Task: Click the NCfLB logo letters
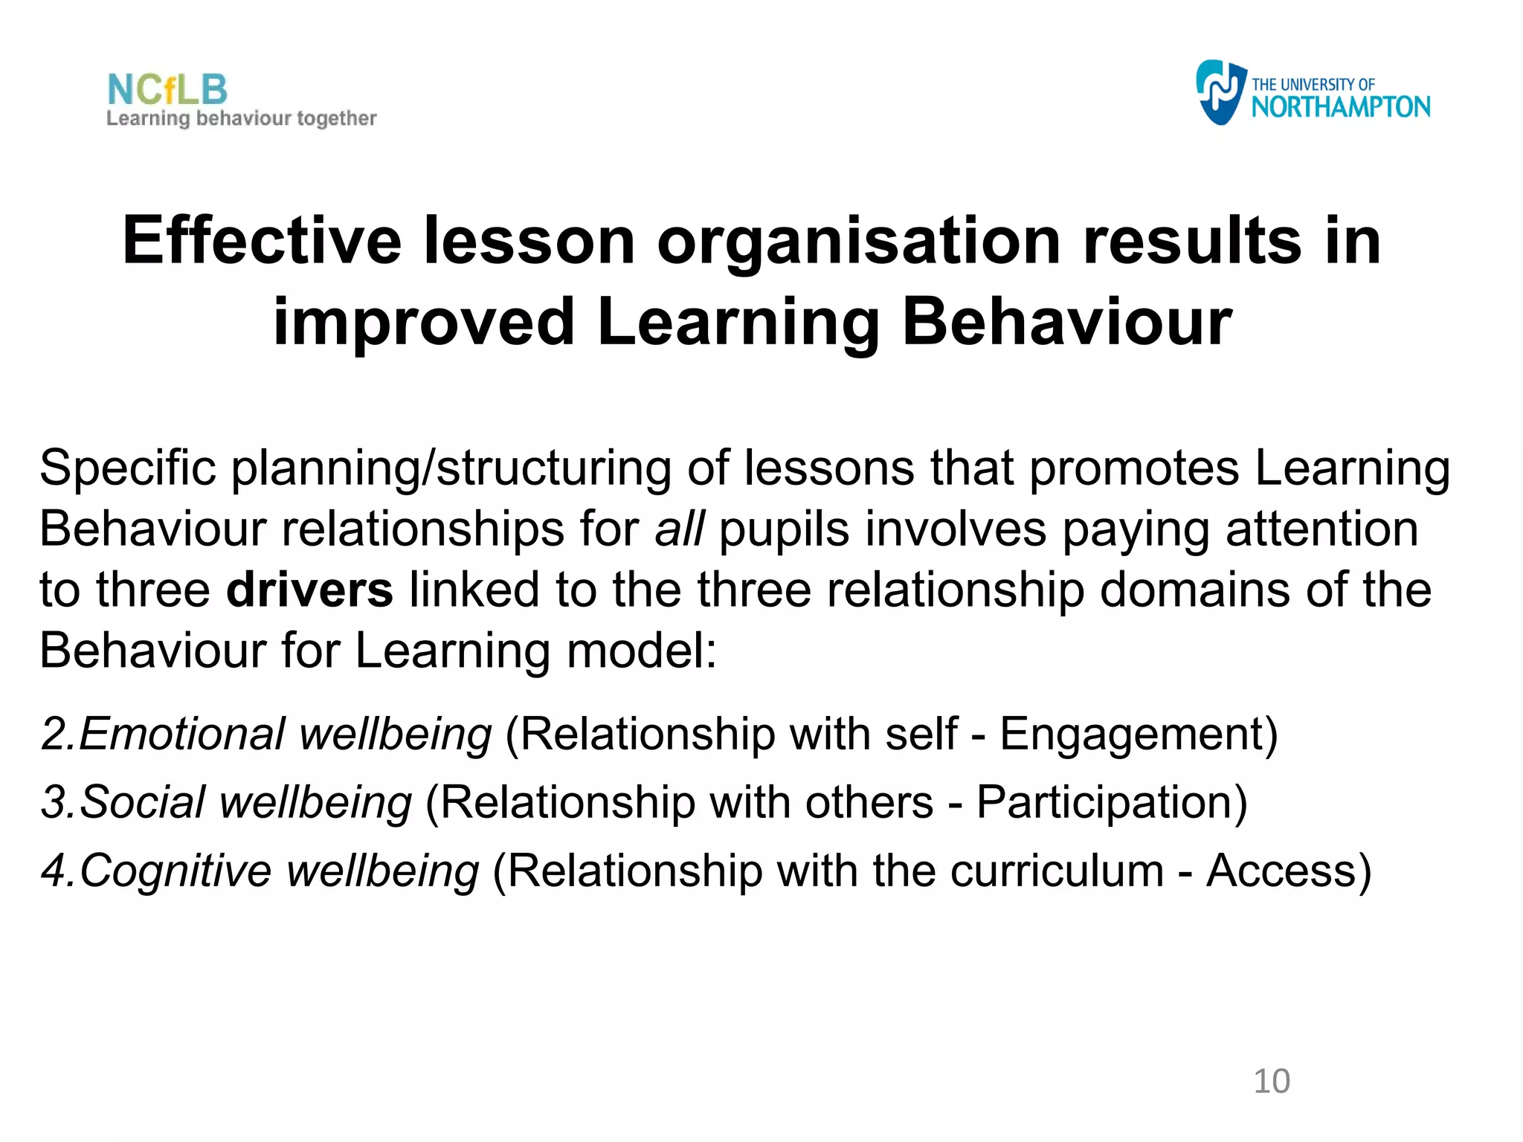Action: point(167,89)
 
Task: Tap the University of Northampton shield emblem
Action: point(1220,92)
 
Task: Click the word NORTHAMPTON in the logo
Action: point(1340,107)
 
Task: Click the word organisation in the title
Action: point(858,242)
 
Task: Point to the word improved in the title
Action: point(424,322)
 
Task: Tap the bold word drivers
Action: point(309,590)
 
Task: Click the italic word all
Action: point(678,529)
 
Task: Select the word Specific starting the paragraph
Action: point(127,468)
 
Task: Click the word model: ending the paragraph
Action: point(641,651)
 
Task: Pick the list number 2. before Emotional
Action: point(58,734)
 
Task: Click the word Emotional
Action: point(181,734)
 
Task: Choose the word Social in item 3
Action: point(141,802)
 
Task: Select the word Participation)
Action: point(1112,804)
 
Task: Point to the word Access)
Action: point(1289,871)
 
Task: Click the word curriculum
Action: point(1057,871)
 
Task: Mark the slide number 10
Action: point(1272,1081)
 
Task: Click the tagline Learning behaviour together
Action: point(241,119)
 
